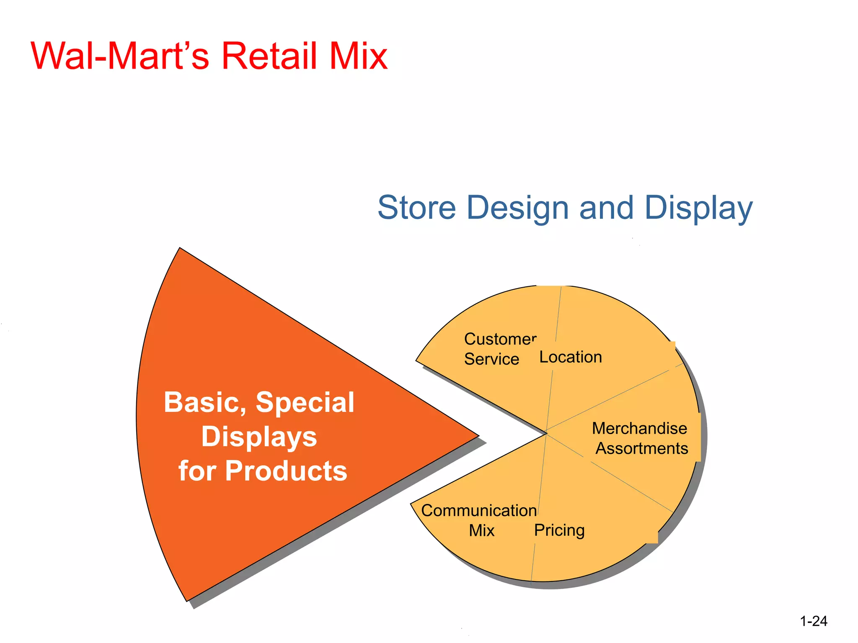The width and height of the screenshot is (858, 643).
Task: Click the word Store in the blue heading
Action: tap(416, 208)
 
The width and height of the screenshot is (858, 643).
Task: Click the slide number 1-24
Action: tap(813, 621)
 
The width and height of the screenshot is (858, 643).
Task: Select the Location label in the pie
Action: tap(570, 357)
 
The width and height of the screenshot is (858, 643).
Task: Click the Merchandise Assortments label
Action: tap(640, 438)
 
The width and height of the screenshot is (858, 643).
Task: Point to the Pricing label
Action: tap(559, 530)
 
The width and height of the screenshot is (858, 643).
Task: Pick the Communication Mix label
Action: tap(479, 520)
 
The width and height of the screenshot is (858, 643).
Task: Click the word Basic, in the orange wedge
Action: tap(205, 403)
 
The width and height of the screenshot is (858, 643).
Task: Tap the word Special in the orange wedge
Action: tap(305, 403)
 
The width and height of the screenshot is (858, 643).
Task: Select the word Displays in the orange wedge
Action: tap(259, 437)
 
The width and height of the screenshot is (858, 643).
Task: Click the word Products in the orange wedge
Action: tap(286, 471)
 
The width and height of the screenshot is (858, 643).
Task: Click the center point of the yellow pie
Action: tap(546, 433)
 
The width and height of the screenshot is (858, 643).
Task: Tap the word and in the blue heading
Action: tap(606, 208)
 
